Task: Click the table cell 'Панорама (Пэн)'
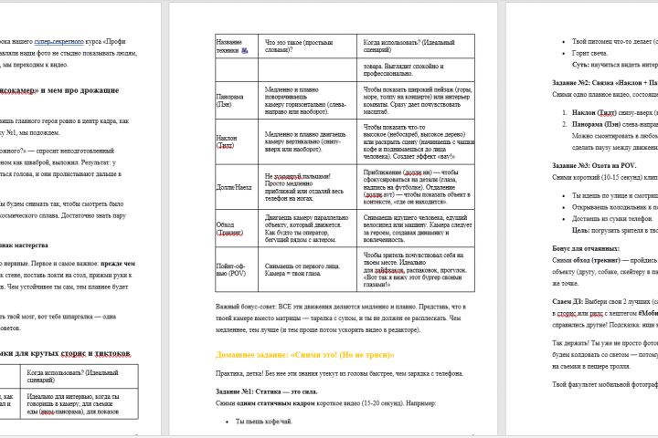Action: point(229,99)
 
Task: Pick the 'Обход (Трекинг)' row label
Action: point(228,228)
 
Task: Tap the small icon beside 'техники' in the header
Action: point(245,53)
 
